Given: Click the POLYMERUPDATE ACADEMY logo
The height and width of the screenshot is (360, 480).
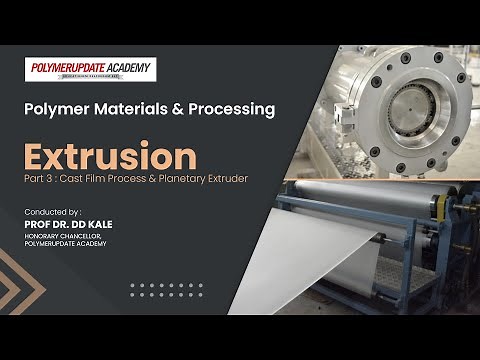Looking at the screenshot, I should point(90,70).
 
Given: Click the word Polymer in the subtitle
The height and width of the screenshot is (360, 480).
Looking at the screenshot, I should point(57,110).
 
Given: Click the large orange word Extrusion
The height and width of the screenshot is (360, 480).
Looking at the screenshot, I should point(111,157).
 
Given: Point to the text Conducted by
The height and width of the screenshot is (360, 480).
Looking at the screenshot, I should point(53,212).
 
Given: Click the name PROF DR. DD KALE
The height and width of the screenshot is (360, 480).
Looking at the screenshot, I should point(69,224).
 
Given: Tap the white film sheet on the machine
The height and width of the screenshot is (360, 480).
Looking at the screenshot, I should point(330,250).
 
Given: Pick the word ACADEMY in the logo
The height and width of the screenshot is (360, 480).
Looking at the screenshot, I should point(130,67).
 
